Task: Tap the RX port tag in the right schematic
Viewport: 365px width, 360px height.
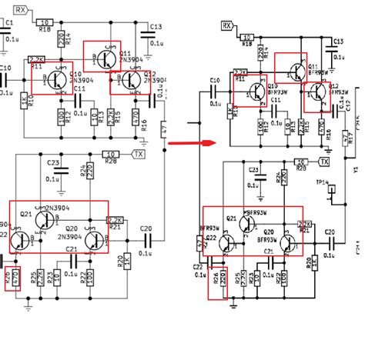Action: [227, 25]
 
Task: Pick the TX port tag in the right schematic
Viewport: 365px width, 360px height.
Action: [324, 162]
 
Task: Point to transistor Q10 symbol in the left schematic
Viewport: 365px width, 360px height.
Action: [55, 79]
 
